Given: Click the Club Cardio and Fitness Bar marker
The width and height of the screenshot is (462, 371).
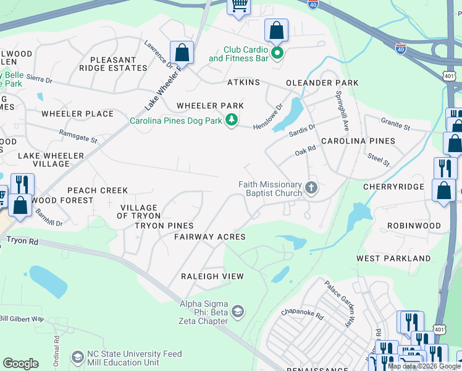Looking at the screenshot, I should click(x=277, y=54).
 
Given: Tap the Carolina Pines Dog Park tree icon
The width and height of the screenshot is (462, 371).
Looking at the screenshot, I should click(x=232, y=121).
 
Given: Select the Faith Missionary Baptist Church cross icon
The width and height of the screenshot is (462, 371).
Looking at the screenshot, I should click(x=311, y=189).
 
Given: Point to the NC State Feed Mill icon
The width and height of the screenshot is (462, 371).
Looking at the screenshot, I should click(x=77, y=357).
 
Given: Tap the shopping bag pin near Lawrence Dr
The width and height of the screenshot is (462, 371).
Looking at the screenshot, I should click(x=182, y=53).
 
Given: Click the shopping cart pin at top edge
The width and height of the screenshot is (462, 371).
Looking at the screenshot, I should click(x=238, y=6).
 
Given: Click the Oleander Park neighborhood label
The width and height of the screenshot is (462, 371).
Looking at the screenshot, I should click(x=322, y=83).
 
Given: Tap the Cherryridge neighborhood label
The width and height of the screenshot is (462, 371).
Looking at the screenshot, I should click(x=402, y=187).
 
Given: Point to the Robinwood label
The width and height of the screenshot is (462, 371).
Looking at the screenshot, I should click(x=415, y=226).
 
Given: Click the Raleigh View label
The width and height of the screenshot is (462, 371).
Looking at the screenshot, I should click(x=212, y=276).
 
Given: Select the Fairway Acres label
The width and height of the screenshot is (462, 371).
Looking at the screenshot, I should click(x=210, y=237).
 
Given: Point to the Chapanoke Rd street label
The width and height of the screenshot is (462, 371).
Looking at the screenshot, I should click(x=302, y=315).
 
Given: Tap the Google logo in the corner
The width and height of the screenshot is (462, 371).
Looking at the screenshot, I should click(x=21, y=364).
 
